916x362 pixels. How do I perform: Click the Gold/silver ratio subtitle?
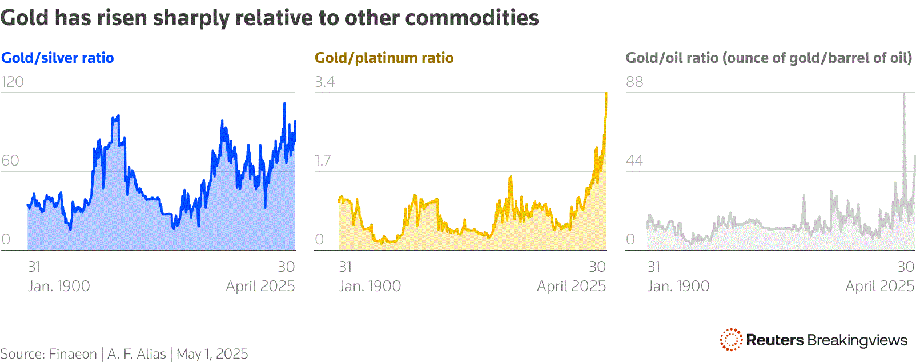(x=57, y=58)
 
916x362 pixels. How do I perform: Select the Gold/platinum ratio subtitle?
(x=384, y=58)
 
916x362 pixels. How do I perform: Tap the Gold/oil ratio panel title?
(x=769, y=58)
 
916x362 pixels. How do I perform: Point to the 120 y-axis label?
(x=12, y=82)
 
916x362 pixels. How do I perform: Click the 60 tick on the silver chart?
(x=10, y=160)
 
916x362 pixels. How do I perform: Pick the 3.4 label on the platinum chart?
(x=324, y=82)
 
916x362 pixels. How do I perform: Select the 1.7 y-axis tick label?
(x=323, y=160)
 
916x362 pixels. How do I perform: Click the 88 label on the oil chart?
(x=634, y=82)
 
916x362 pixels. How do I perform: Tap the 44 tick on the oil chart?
(x=634, y=160)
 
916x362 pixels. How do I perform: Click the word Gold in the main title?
(x=24, y=18)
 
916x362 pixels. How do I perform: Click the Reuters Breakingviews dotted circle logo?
(x=731, y=340)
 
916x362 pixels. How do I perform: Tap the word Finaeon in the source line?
(x=73, y=354)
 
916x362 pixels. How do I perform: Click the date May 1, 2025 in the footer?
(x=212, y=354)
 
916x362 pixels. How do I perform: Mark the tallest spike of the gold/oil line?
(x=904, y=94)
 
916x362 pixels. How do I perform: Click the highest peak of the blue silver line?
(x=284, y=104)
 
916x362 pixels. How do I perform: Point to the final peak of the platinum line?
(x=606, y=94)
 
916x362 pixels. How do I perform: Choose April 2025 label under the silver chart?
(x=260, y=286)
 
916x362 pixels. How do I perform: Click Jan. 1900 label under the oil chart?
(x=678, y=286)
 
